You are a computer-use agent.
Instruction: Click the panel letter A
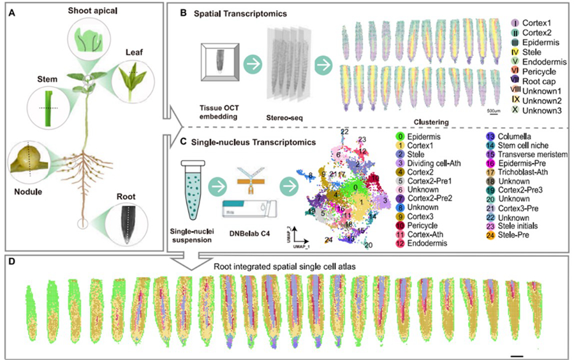tap(12, 11)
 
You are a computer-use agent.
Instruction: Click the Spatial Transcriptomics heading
tap(230, 12)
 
